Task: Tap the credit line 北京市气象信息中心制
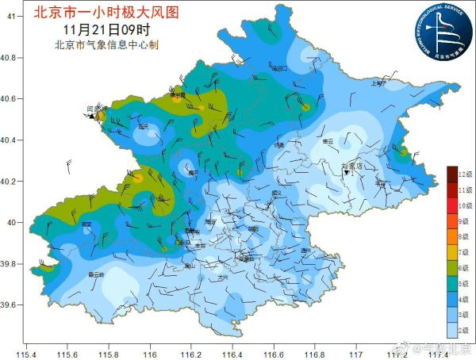[x=107, y=44]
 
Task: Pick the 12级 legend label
[x=464, y=174]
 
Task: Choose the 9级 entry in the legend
[x=464, y=220]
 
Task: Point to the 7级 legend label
[x=464, y=251]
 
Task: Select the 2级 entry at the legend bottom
[x=464, y=328]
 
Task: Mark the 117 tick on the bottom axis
[x=357, y=352]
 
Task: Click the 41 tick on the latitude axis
[x=12, y=17]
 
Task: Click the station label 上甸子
[x=378, y=82]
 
